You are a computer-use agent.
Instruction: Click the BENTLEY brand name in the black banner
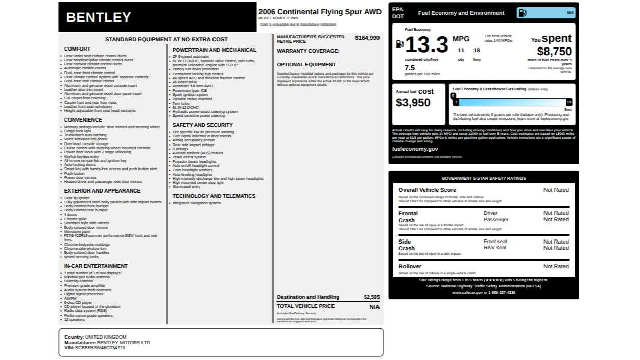click(99, 17)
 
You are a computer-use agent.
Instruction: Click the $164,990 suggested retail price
click(367, 38)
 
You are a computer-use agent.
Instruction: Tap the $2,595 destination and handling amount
click(371, 297)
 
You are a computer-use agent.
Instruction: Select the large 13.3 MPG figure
click(426, 45)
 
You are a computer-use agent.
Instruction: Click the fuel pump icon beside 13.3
click(400, 45)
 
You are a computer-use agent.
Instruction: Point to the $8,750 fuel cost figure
click(554, 52)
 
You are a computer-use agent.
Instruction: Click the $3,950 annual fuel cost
click(413, 103)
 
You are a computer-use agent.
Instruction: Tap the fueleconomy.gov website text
click(415, 149)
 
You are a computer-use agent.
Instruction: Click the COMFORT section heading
click(77, 49)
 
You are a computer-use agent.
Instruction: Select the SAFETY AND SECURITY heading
click(202, 125)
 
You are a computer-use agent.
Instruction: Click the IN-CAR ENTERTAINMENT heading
click(96, 266)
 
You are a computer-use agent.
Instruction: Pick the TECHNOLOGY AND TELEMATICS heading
click(214, 196)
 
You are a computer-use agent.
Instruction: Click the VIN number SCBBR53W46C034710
click(100, 348)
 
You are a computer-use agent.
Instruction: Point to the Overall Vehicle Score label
click(427, 190)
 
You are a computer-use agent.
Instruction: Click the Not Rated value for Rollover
click(556, 266)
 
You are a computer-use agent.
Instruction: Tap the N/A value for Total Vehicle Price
click(374, 307)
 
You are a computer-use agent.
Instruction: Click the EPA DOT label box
click(398, 13)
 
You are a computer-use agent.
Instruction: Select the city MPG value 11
click(461, 50)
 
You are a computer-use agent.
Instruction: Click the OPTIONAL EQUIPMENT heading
click(306, 65)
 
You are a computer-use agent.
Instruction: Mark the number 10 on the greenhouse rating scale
click(569, 102)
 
